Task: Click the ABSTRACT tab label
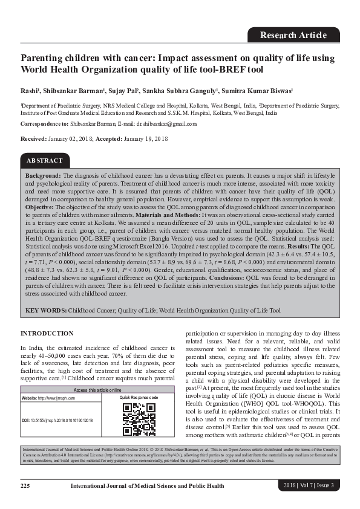[45, 161]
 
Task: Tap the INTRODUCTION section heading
[47, 334]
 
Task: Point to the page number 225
[25, 486]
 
